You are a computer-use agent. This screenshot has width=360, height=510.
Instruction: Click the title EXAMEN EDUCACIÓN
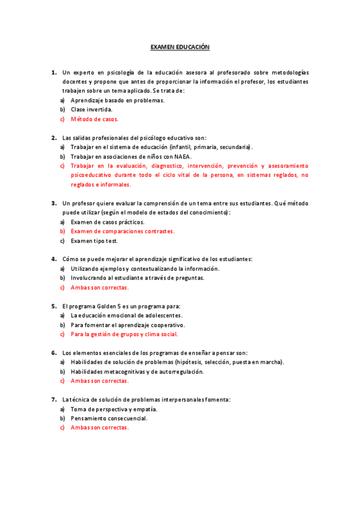[x=180, y=46]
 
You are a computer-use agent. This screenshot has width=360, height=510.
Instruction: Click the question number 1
[x=53, y=72]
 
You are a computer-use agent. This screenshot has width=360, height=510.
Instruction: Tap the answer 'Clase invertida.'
[x=91, y=109]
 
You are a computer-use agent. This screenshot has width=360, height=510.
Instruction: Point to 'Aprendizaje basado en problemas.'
[x=117, y=100]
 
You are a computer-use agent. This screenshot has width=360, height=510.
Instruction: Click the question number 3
[x=53, y=203]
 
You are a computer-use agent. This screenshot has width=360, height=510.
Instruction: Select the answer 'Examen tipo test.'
[x=94, y=241]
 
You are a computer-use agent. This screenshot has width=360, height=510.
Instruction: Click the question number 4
[x=53, y=259]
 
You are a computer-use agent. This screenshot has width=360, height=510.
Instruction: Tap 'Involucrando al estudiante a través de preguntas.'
[x=138, y=278]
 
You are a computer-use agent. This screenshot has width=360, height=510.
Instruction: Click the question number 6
[x=53, y=352]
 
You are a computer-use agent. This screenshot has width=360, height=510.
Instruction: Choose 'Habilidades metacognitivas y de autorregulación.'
[x=137, y=371]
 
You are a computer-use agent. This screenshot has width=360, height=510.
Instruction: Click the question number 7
[x=53, y=399]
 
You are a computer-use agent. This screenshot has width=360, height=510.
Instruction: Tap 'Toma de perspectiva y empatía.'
[x=114, y=409]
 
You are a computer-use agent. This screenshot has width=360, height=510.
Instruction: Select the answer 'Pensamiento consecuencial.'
[x=109, y=418]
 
